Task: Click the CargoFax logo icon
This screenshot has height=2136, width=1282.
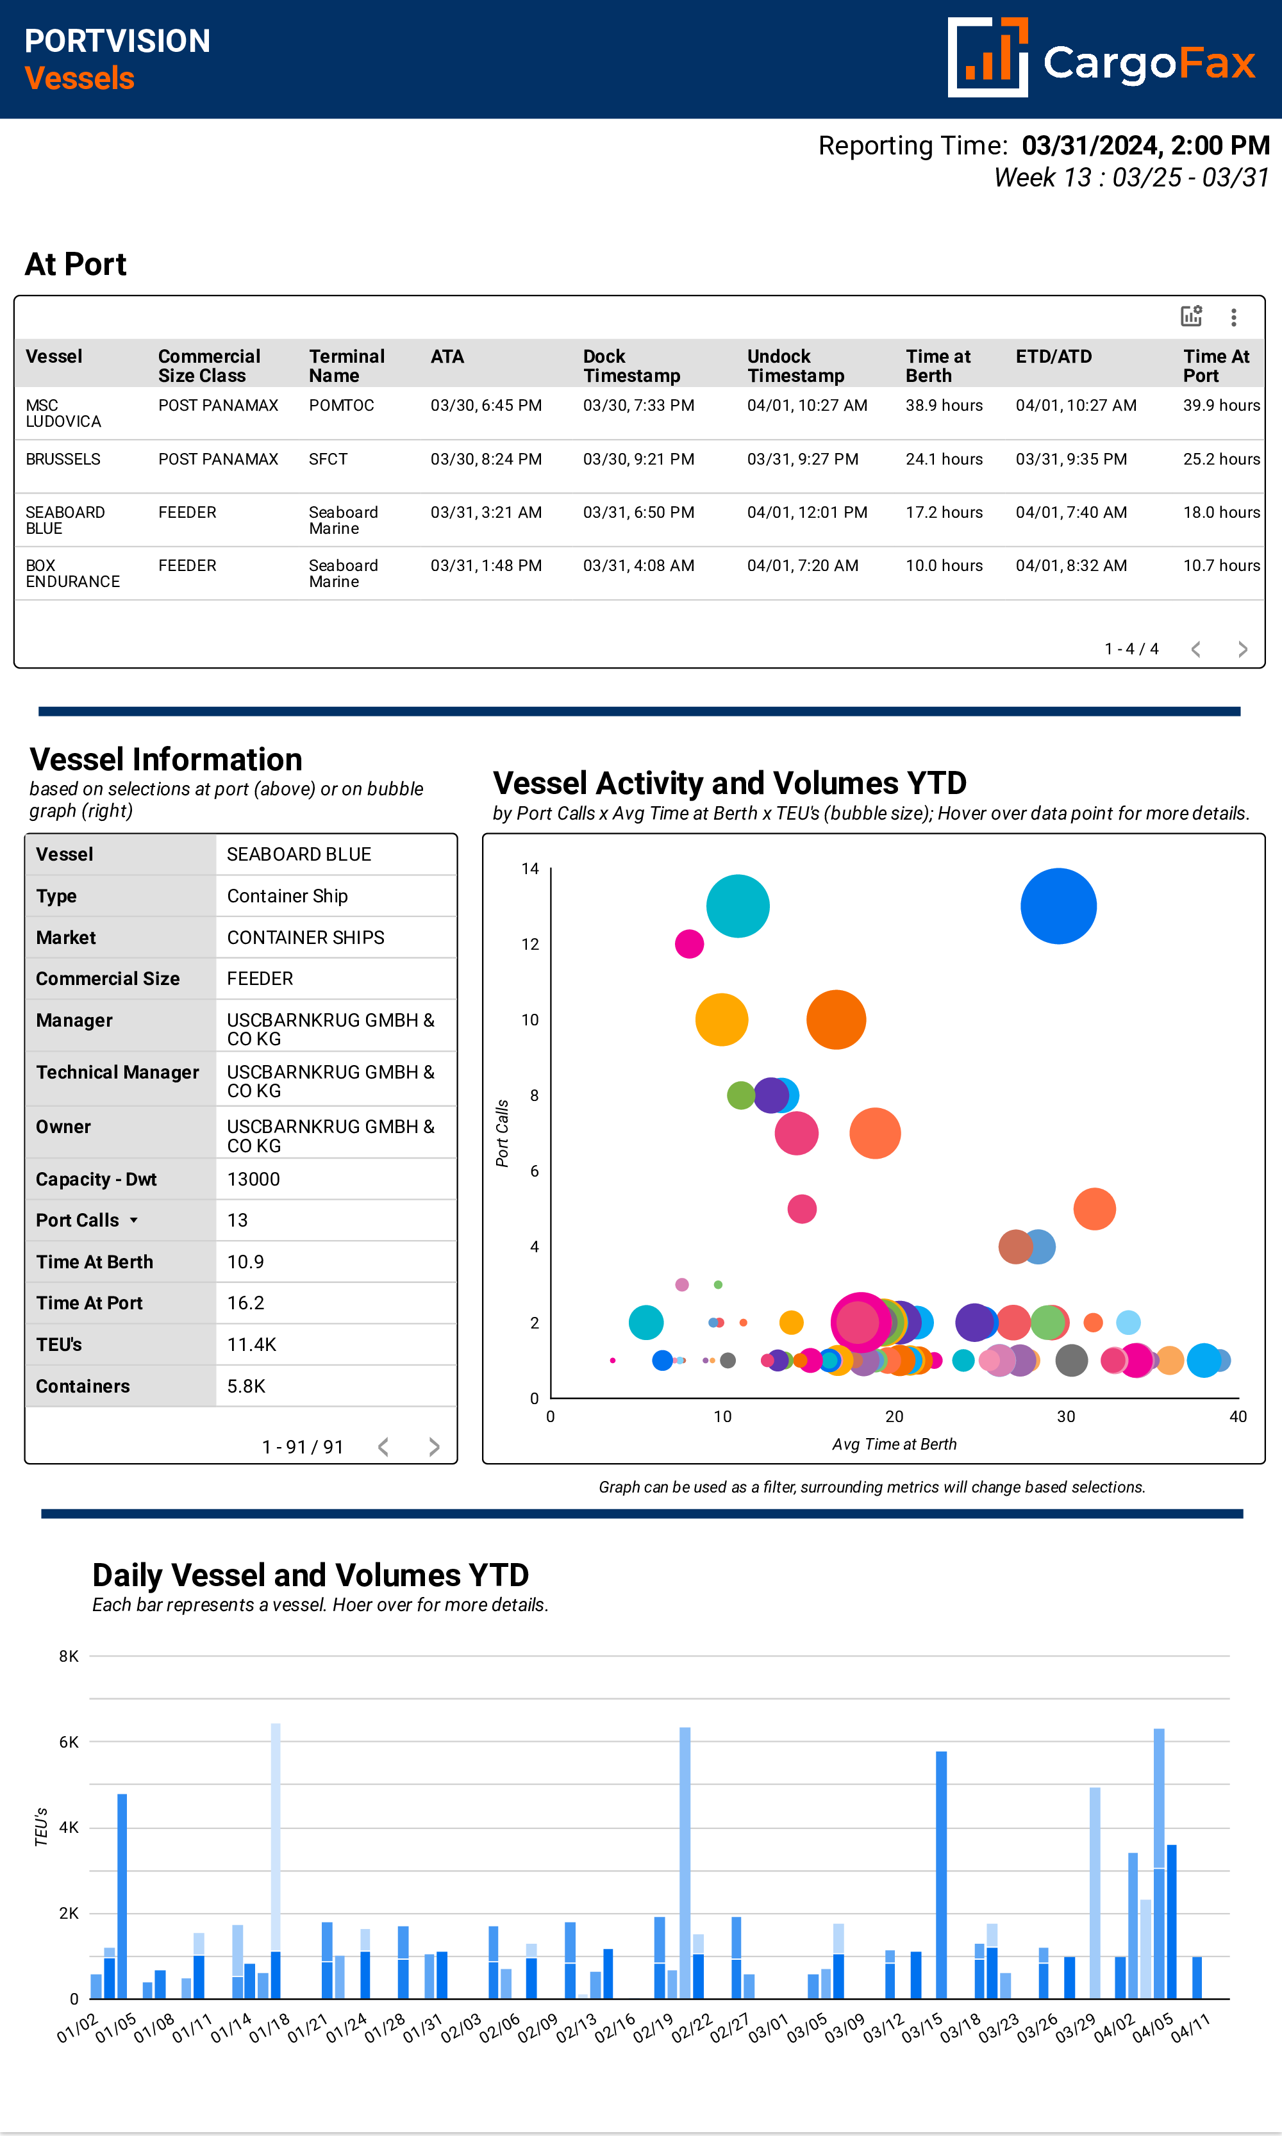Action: click(x=987, y=58)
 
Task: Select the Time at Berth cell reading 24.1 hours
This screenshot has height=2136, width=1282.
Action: click(x=944, y=459)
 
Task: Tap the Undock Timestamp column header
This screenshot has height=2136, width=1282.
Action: click(x=795, y=365)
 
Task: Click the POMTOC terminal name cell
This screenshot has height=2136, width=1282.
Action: click(x=341, y=405)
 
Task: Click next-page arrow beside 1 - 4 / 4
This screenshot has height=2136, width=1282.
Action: click(x=1242, y=649)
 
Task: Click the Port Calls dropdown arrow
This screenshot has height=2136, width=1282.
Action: click(x=134, y=1220)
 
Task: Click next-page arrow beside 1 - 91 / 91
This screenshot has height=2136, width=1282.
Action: click(x=434, y=1446)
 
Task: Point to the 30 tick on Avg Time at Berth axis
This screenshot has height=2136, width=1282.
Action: click(x=1065, y=1416)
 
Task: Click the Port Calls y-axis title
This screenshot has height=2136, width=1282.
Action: click(x=502, y=1133)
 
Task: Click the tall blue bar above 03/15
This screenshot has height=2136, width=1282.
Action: click(x=941, y=1875)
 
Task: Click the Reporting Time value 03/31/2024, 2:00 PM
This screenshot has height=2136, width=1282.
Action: click(x=1145, y=145)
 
